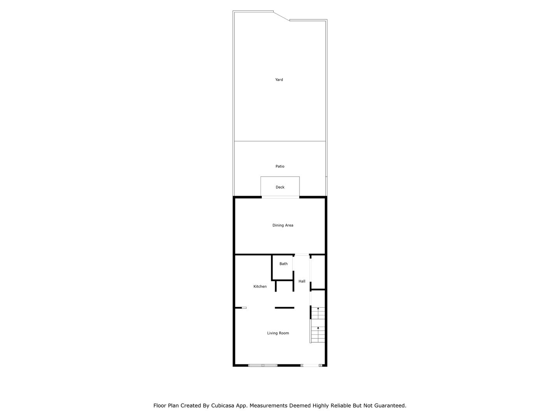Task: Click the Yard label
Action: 279,80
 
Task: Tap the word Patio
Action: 280,166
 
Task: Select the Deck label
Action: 280,187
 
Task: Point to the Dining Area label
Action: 283,225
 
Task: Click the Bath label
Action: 283,264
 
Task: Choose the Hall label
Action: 302,281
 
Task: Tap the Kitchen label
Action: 260,286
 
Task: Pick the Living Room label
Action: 278,333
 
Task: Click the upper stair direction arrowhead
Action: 318,308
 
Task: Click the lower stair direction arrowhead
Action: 318,328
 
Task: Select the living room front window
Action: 263,366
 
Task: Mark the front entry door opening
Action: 311,366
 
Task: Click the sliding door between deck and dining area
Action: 280,197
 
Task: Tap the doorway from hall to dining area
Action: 302,254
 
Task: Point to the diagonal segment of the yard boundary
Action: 282,16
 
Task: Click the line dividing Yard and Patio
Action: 280,141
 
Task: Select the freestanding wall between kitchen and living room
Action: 284,308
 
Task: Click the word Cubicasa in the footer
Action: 222,406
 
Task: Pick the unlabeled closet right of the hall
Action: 318,272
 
